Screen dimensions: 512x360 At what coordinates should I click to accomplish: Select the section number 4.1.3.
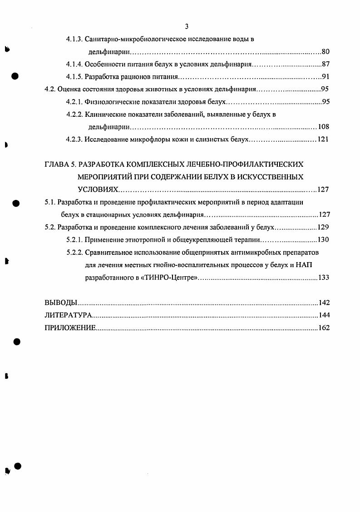coord(74,39)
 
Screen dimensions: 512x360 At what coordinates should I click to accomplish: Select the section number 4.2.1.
coord(74,101)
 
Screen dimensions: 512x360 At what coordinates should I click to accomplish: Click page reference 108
coord(323,126)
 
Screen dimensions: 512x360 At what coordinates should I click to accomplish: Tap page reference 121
coord(323,139)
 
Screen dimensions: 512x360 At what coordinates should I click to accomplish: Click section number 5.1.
coord(49,202)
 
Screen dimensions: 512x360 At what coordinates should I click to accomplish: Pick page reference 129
coord(323,227)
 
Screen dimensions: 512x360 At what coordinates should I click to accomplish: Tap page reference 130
coord(323,239)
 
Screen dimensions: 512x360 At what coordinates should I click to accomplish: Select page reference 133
coord(323,277)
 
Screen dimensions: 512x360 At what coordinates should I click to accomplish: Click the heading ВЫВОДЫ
coord(61,303)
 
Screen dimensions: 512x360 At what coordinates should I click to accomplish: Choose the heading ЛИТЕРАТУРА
coord(69,315)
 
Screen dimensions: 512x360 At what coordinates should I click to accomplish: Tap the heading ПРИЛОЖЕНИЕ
coord(70,328)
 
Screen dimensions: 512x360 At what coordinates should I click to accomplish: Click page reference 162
coord(323,328)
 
